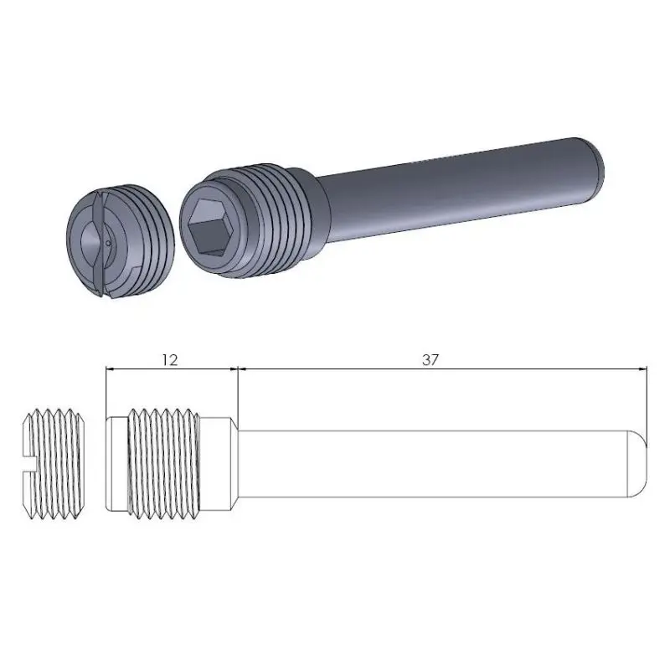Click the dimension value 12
click(x=169, y=359)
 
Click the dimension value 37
click(x=430, y=359)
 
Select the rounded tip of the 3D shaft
click(x=596, y=162)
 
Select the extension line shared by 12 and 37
click(x=239, y=394)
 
